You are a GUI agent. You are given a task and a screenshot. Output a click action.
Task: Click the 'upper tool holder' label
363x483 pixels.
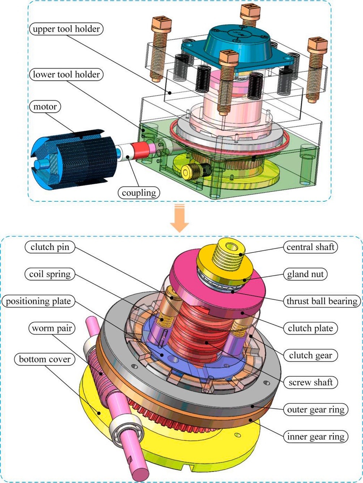click(66, 29)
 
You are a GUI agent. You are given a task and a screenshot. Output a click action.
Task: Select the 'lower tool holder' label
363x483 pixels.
click(66, 75)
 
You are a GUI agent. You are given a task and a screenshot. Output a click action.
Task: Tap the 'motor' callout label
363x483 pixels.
click(45, 107)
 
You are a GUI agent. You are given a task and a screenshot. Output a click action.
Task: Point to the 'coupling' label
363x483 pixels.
click(139, 193)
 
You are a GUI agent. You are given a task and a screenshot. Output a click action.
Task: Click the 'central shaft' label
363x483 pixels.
click(310, 247)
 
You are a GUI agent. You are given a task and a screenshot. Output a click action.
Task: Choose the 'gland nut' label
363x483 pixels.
click(306, 274)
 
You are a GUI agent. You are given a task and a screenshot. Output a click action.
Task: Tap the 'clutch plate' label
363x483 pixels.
click(310, 328)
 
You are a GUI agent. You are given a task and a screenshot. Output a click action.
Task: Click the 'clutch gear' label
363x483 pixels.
click(310, 356)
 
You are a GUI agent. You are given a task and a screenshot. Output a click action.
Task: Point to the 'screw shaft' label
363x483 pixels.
click(310, 382)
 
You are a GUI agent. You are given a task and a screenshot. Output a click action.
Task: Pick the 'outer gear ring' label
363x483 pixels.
click(316, 409)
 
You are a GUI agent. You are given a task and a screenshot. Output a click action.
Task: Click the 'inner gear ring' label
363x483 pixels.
click(316, 437)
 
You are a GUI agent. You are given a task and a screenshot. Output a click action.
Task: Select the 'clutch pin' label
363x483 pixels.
click(50, 247)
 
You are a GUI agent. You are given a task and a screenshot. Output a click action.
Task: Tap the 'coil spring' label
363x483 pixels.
click(50, 274)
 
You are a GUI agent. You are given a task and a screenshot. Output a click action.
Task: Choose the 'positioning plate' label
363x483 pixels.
click(38, 301)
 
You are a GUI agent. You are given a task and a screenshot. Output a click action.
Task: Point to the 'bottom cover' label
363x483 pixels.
click(45, 359)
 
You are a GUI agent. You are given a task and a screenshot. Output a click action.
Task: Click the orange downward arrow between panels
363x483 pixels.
click(179, 219)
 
